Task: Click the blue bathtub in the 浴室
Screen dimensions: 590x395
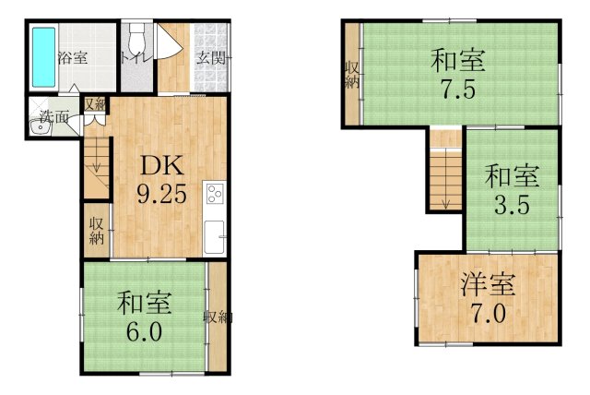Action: tap(43, 57)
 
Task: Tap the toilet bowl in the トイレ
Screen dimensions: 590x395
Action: tap(136, 37)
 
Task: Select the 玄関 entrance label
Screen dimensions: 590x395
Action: tap(212, 58)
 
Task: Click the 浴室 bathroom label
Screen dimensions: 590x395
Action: tap(73, 58)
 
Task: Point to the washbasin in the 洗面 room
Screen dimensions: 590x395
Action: tap(40, 128)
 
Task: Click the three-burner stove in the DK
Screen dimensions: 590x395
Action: tap(215, 194)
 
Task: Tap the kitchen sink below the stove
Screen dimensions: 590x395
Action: tap(214, 237)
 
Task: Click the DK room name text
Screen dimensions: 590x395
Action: tap(162, 166)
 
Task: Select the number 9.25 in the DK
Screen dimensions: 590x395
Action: tap(162, 195)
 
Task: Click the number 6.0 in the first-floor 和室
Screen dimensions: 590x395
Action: tap(145, 331)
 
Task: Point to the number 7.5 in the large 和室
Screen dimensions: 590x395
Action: tap(458, 90)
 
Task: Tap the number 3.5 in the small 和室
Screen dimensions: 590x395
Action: tap(513, 205)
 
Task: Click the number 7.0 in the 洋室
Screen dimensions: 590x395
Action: tap(488, 314)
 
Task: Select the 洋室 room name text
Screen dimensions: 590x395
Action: tap(488, 285)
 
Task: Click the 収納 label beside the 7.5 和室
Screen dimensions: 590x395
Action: tap(352, 76)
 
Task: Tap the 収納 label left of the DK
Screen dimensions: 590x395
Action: tap(96, 232)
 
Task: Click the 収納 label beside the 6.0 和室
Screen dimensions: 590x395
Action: tap(218, 317)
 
